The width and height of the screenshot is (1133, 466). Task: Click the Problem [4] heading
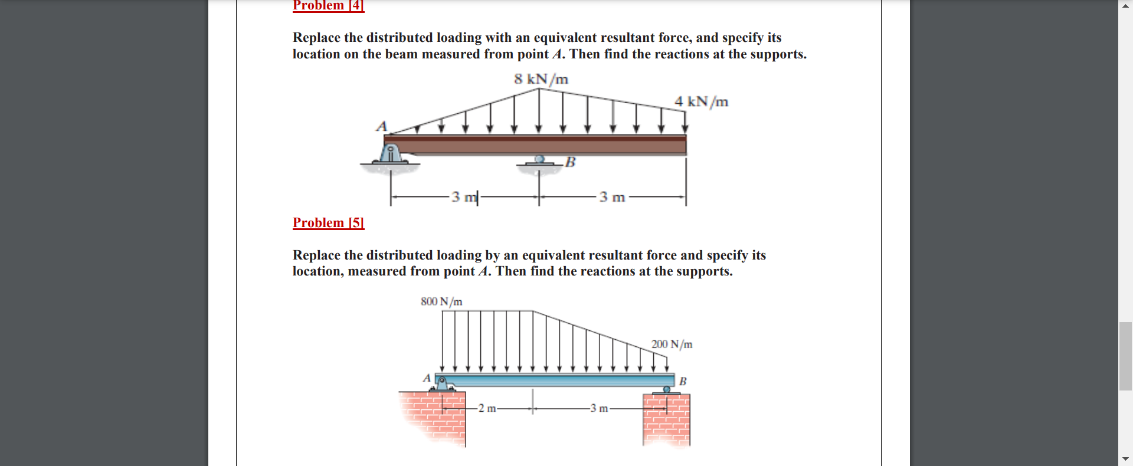328,6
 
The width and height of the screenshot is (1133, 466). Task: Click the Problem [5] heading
328,223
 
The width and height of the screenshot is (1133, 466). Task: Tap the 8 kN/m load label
541,79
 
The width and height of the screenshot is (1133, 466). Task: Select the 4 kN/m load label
701,101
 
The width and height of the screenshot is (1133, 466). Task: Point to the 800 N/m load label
441,301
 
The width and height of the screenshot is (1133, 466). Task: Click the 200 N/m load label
672,344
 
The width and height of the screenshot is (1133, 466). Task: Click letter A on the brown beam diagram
382,126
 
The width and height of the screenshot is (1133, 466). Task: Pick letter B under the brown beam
570,162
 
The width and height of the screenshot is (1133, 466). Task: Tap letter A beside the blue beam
427,378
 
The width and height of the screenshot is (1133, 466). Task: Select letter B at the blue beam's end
683,381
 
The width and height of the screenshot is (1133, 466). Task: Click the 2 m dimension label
487,408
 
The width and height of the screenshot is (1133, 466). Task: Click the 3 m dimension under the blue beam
599,408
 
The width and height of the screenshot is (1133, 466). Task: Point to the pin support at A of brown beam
390,155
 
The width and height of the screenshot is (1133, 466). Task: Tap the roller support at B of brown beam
539,160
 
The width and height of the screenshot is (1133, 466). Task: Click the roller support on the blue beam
666,390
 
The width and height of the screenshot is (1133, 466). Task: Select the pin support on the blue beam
441,384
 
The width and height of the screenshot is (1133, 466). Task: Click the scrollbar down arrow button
1125,459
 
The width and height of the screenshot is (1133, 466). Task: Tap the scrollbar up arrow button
1125,5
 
